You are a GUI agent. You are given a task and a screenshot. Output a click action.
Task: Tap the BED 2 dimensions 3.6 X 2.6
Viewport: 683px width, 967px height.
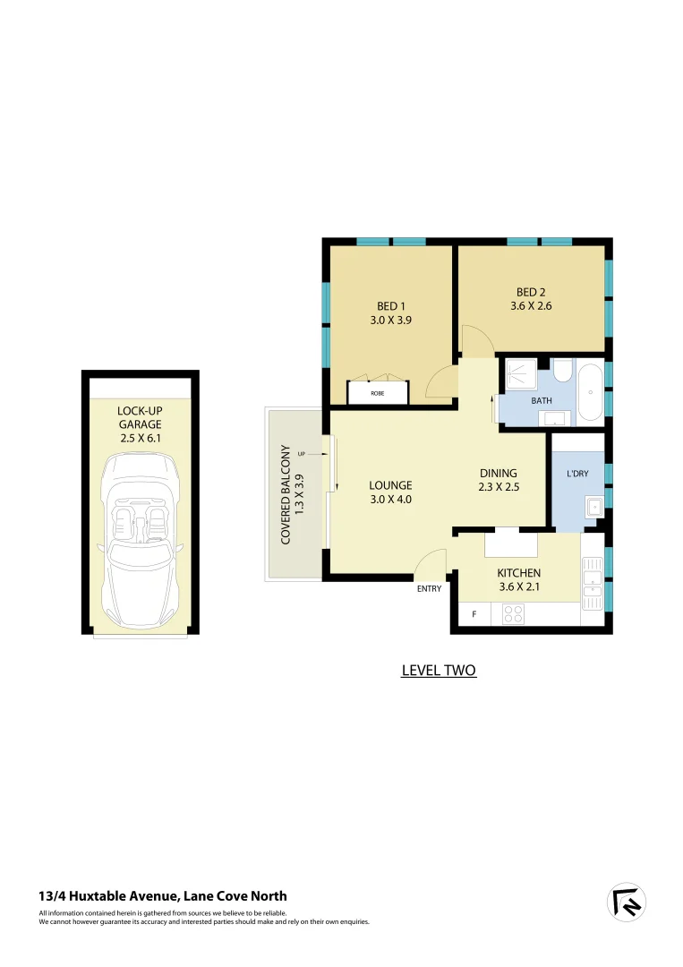tap(531, 304)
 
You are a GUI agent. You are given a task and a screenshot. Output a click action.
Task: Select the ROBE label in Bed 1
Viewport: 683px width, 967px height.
tap(377, 392)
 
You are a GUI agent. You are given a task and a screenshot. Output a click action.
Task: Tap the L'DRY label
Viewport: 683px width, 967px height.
tap(577, 473)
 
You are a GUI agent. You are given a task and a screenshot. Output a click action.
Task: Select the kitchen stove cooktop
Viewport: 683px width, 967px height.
tap(514, 614)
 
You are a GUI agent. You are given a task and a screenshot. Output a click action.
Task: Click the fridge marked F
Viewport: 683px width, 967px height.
tap(474, 615)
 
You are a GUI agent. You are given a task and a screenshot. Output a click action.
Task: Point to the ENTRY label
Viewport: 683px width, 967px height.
tap(429, 589)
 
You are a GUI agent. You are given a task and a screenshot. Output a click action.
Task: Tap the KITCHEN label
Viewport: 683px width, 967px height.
tap(518, 573)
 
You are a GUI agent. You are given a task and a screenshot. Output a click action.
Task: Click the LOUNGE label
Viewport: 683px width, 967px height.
tap(391, 485)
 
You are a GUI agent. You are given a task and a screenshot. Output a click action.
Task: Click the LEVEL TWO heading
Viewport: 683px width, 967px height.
tap(439, 670)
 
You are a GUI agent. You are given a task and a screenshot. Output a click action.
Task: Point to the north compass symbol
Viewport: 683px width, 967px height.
tap(627, 903)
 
